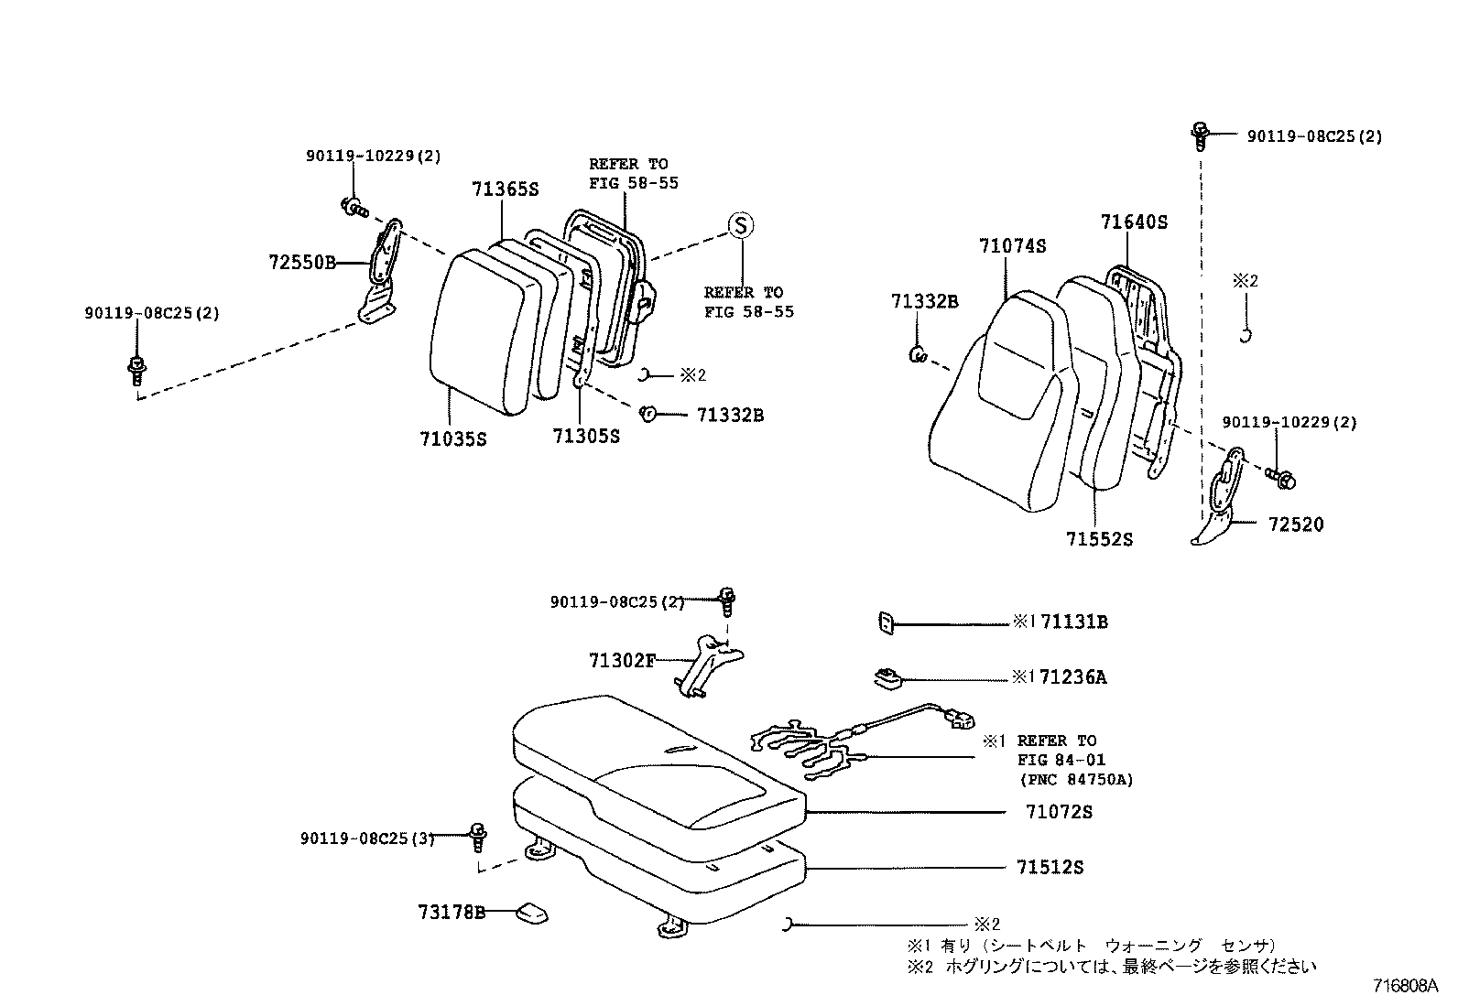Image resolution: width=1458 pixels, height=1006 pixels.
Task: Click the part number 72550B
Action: (301, 263)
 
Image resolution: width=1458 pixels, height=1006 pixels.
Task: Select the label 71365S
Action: (506, 190)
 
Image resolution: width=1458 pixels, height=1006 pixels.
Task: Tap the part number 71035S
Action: (453, 439)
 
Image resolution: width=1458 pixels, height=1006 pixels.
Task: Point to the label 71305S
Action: (586, 437)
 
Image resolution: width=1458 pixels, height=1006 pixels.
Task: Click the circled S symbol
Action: (740, 225)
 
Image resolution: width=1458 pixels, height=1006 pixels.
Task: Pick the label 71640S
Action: (1134, 222)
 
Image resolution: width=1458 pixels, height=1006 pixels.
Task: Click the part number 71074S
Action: (1012, 246)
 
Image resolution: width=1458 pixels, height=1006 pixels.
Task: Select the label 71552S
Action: (1099, 540)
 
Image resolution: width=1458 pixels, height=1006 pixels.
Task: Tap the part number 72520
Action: (1296, 525)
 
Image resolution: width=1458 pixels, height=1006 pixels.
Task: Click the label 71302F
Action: (623, 660)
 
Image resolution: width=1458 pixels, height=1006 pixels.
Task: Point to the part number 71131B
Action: (1074, 622)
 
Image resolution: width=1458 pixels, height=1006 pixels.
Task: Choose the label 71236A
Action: (1074, 677)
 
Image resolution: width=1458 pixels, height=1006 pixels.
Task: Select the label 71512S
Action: (1050, 867)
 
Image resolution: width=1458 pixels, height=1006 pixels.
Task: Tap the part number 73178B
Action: (451, 912)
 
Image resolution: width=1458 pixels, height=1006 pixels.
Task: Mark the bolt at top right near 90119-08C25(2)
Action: (1199, 135)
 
